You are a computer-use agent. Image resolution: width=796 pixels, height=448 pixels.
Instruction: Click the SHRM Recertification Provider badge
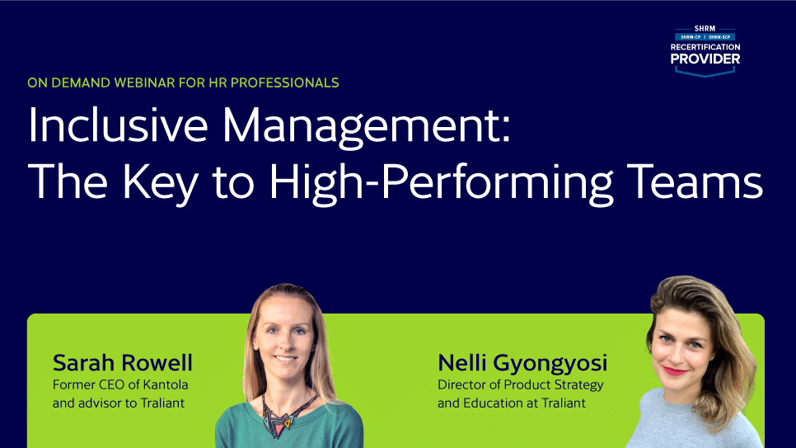[705, 49]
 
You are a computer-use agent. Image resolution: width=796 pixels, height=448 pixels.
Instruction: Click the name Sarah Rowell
[122, 363]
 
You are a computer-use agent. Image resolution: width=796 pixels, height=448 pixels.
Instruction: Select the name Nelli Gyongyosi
[522, 363]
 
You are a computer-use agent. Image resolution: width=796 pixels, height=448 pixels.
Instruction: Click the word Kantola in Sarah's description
[165, 384]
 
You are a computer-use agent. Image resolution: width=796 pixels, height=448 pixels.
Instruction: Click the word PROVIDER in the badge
[705, 59]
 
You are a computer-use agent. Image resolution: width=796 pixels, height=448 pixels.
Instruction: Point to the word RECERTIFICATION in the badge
[705, 48]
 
